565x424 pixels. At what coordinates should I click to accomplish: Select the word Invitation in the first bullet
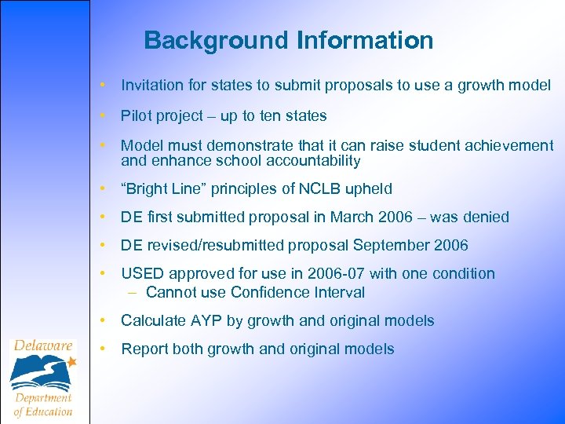coord(151,85)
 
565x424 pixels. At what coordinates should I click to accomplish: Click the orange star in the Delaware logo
coord(71,362)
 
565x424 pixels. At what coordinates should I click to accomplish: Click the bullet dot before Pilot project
coord(103,116)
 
